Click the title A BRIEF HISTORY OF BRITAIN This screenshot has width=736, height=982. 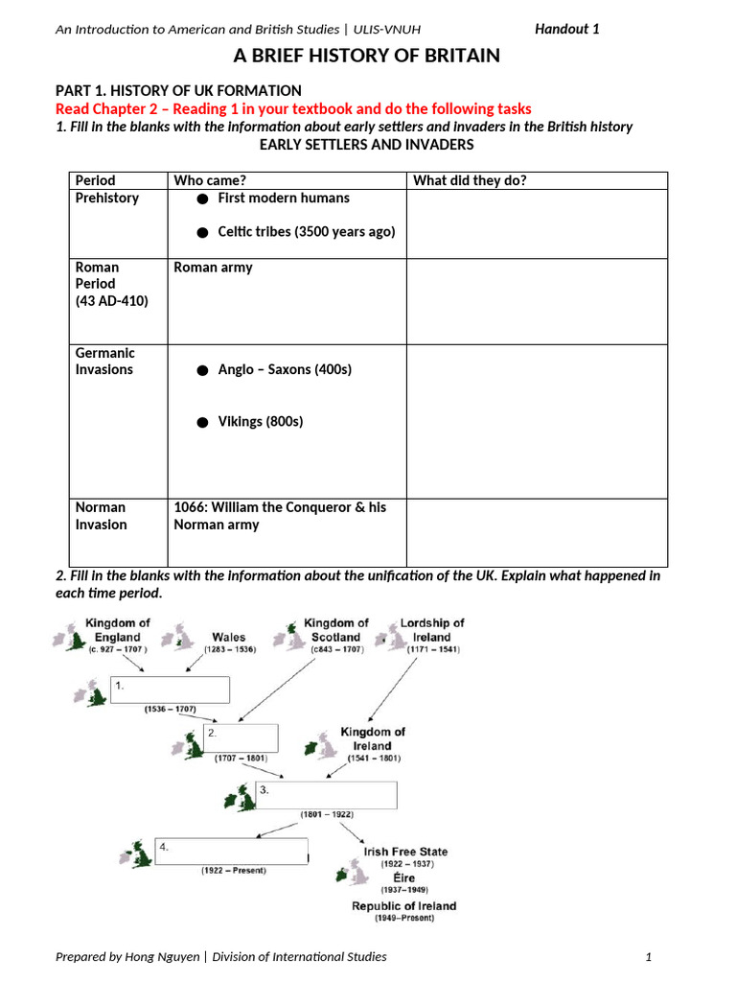coord(368,56)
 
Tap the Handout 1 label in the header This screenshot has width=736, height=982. coord(566,29)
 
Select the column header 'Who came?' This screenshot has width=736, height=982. coord(208,180)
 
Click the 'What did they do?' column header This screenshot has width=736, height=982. coord(470,180)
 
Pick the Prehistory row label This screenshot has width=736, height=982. coord(106,198)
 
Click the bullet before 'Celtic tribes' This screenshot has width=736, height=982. coord(202,233)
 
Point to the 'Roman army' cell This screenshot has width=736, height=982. coord(213,268)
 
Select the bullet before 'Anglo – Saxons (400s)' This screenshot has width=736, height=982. coord(202,370)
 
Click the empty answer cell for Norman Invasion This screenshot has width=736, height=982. coord(537,532)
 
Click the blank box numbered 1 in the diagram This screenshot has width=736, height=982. coord(171,690)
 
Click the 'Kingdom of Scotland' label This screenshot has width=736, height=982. coord(335,630)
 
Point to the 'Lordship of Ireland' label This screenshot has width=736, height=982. coord(431,630)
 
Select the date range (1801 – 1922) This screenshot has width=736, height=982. coord(327,814)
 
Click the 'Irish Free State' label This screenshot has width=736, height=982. coord(405,852)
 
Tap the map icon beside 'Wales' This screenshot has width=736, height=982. coord(179,637)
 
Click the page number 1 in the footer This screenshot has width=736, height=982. coord(649,956)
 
